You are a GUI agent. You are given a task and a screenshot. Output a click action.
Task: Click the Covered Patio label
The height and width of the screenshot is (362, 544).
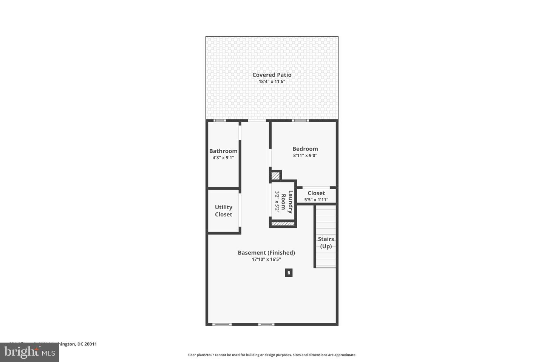tap(272, 75)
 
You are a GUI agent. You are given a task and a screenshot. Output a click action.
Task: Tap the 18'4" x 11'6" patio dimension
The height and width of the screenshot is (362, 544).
tap(272, 81)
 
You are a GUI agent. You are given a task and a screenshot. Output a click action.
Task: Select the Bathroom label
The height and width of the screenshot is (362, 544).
tap(223, 151)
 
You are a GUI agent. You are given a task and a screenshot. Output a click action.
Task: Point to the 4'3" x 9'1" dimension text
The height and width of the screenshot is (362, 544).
tap(223, 158)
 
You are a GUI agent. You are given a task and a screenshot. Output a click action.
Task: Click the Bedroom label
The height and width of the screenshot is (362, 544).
tap(305, 149)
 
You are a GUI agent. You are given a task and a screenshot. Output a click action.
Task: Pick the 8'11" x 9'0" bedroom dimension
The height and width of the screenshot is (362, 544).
tap(305, 155)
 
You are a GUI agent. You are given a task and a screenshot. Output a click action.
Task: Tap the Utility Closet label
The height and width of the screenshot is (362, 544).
tap(223, 211)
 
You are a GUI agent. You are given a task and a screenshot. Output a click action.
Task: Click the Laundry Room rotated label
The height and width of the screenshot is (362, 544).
tap(290, 202)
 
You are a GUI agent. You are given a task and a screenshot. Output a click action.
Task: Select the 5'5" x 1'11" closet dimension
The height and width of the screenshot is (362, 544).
tap(316, 200)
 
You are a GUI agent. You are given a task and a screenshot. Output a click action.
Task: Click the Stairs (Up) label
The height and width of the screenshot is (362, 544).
tap(326, 242)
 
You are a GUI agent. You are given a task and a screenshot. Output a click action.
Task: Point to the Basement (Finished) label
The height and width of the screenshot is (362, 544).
tap(266, 253)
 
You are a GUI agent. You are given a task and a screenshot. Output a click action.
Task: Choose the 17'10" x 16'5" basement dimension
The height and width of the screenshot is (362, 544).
tap(266, 259)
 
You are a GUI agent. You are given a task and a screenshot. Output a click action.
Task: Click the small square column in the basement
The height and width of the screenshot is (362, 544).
tap(289, 273)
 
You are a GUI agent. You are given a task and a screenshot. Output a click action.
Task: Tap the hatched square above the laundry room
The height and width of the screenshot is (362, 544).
tap(276, 176)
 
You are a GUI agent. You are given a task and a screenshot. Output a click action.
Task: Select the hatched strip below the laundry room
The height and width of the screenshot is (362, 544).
tap(283, 224)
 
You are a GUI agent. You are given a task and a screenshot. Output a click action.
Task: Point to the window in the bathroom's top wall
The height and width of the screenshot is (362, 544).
tap(219, 121)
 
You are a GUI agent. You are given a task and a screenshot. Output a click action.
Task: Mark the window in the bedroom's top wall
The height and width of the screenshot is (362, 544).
tap(300, 121)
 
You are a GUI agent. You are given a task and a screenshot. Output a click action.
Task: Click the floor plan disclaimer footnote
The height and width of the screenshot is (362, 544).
tap(272, 355)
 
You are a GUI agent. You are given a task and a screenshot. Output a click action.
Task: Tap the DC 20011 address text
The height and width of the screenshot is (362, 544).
tap(87, 344)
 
